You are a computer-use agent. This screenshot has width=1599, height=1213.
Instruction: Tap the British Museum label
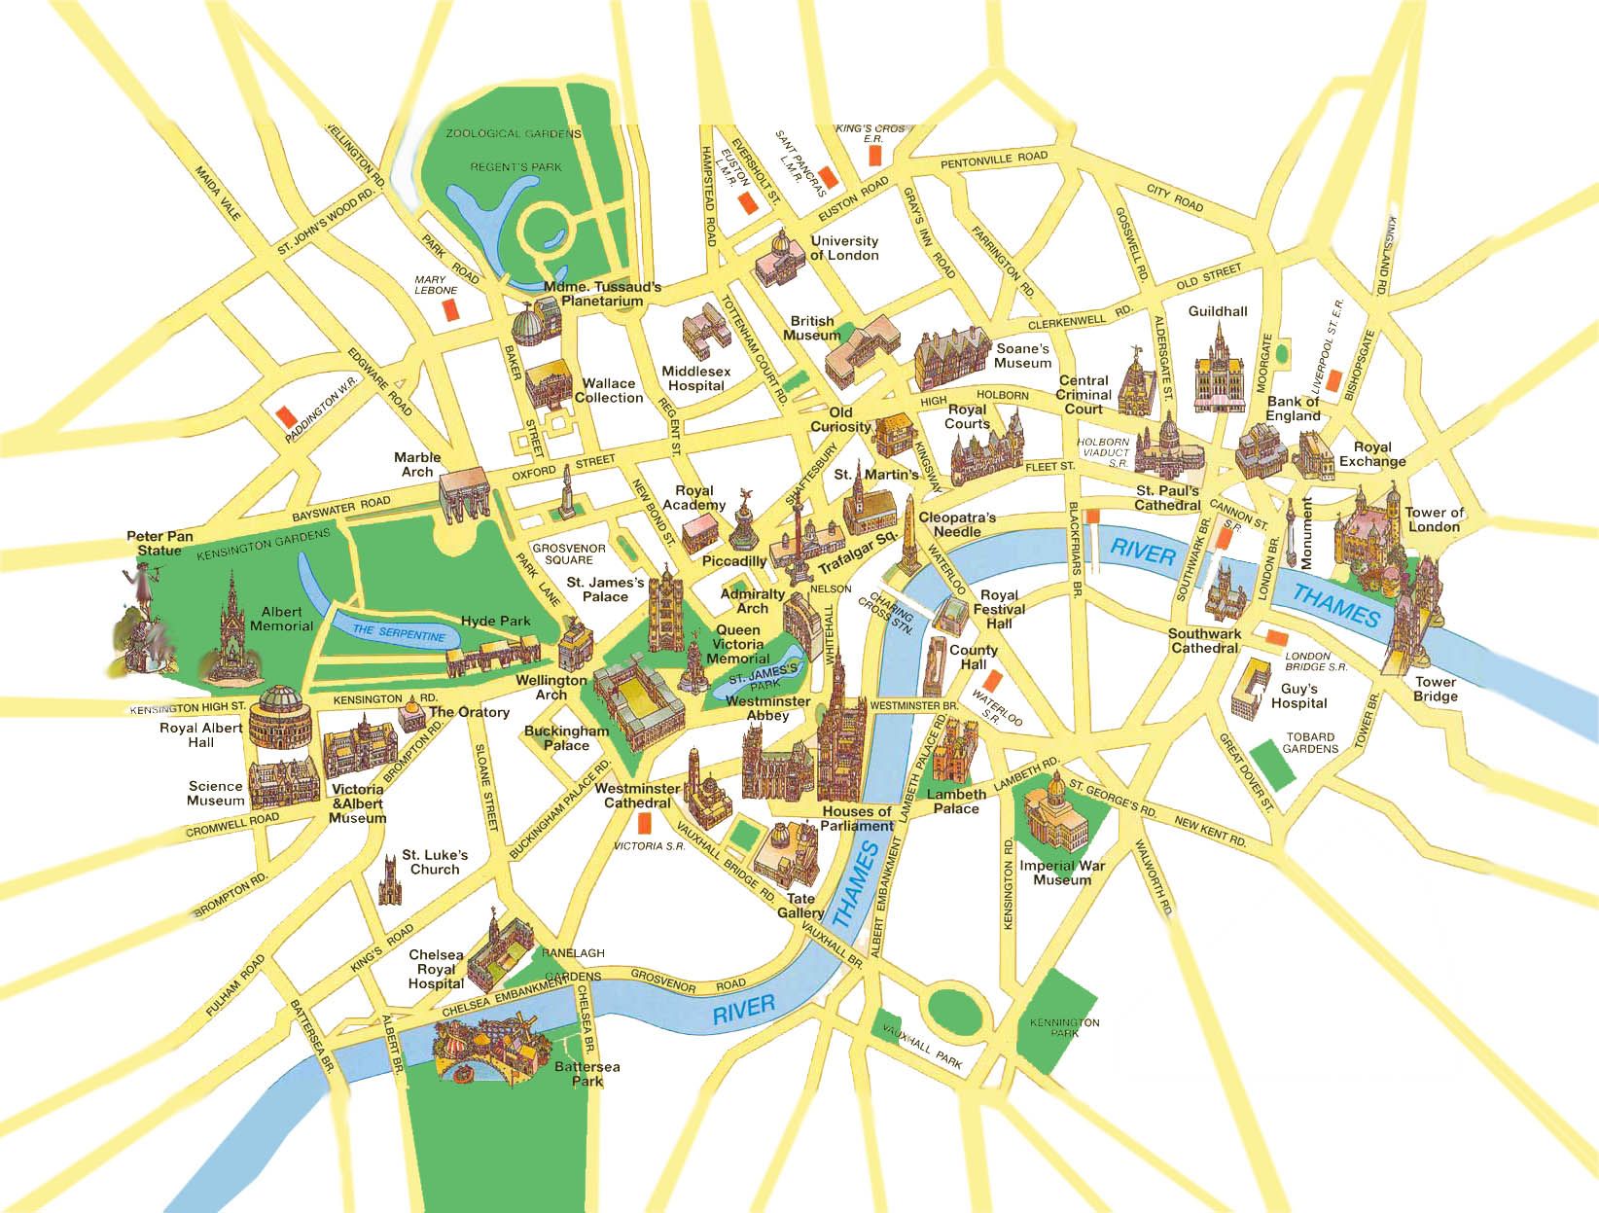pos(811,328)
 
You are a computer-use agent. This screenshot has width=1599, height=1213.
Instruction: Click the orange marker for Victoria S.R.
pos(644,824)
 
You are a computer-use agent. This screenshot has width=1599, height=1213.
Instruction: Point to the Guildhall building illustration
pos(1215,368)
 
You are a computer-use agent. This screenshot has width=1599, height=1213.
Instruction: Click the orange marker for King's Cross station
pos(873,154)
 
